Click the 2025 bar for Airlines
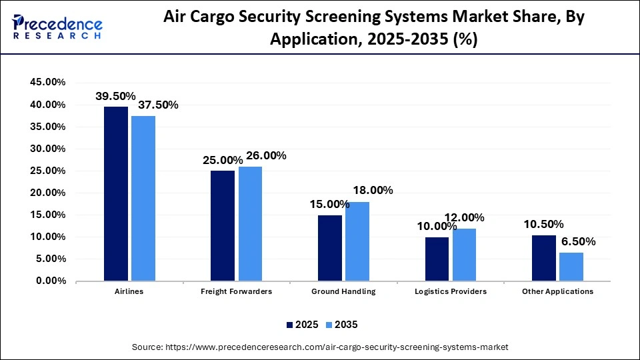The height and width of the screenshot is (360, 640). [x=115, y=193]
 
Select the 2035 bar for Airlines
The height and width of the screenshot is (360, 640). [x=143, y=198]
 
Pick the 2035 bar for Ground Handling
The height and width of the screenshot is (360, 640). [x=357, y=241]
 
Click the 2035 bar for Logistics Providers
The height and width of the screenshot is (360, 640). [x=464, y=254]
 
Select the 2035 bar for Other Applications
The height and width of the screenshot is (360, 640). [x=571, y=266]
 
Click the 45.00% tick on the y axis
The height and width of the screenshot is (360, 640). [x=47, y=83]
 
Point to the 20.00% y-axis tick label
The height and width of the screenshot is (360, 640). [x=47, y=193]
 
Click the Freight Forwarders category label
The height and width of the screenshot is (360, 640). [x=236, y=291]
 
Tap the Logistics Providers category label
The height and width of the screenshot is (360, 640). [x=450, y=291]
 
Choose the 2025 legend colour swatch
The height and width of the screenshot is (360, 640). [x=290, y=325]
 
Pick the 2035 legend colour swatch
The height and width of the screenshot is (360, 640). [x=330, y=325]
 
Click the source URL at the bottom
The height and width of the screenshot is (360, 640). [x=320, y=347]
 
